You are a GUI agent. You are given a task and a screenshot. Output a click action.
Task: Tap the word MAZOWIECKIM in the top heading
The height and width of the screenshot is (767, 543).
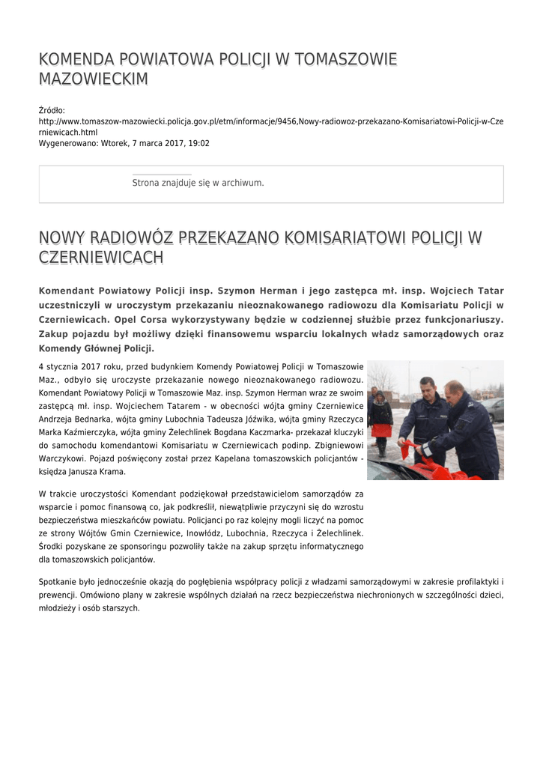[x=93, y=79]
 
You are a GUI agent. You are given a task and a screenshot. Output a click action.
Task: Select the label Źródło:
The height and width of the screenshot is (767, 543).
[x=52, y=110]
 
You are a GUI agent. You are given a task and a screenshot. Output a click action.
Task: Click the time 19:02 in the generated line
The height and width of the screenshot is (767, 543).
[x=198, y=143]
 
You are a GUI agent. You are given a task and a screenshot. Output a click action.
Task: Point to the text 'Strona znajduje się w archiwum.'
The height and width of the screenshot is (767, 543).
[x=198, y=183]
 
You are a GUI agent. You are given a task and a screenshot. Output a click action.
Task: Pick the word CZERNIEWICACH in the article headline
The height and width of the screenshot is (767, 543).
[x=100, y=258]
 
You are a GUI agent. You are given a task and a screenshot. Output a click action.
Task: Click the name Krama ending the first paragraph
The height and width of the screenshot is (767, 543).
[x=115, y=472]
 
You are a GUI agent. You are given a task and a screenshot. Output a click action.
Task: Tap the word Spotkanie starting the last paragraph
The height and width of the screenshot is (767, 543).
[x=60, y=582]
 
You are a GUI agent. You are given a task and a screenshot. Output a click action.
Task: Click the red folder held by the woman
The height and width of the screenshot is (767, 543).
[x=382, y=431]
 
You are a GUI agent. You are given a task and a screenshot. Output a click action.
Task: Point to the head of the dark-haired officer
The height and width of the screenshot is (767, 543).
[x=427, y=389]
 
